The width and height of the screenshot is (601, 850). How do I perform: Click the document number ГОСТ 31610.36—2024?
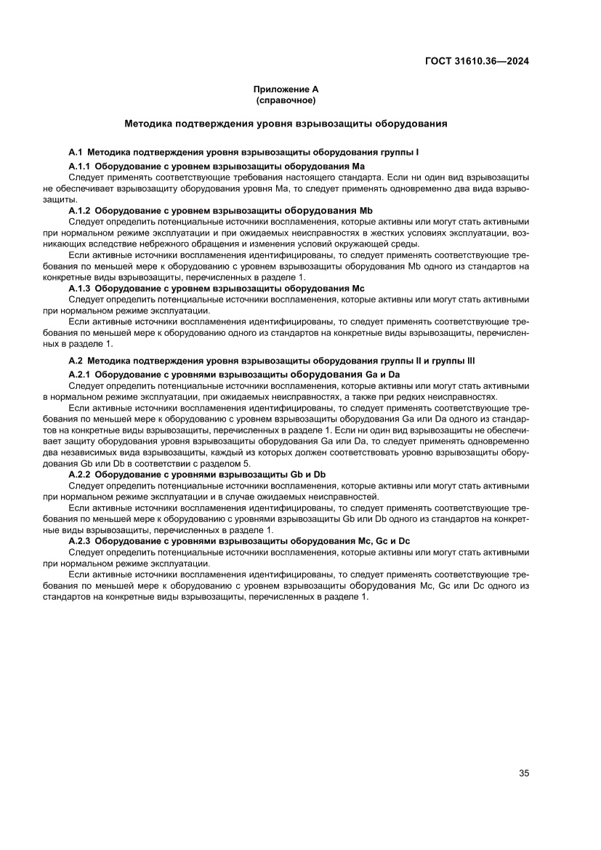point(476,61)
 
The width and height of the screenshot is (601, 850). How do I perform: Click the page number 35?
point(523,773)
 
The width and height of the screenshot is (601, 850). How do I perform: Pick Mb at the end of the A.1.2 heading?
point(366,211)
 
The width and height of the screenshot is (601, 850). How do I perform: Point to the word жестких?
point(368,232)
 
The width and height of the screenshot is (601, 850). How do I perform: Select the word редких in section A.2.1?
point(427,396)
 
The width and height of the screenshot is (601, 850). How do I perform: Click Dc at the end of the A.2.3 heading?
point(404,541)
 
